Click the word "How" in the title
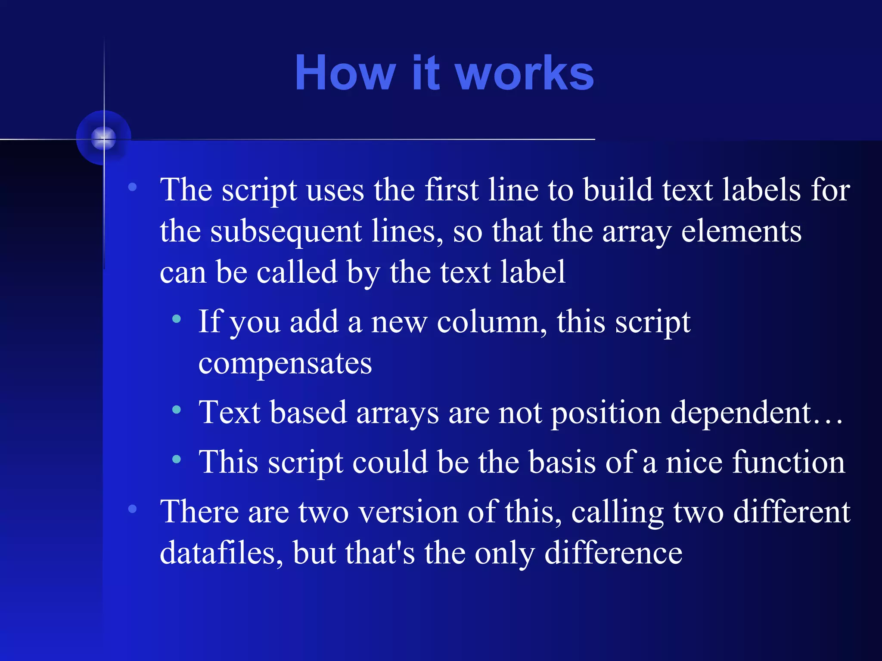(x=345, y=73)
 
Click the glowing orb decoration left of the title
(x=103, y=138)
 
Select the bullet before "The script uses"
(x=132, y=187)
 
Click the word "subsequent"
(x=286, y=232)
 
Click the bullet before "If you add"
(x=176, y=319)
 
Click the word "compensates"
(x=285, y=364)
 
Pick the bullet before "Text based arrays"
(x=176, y=410)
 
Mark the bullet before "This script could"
(x=176, y=459)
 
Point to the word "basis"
(x=562, y=462)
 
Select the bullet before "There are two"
(x=132, y=509)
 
